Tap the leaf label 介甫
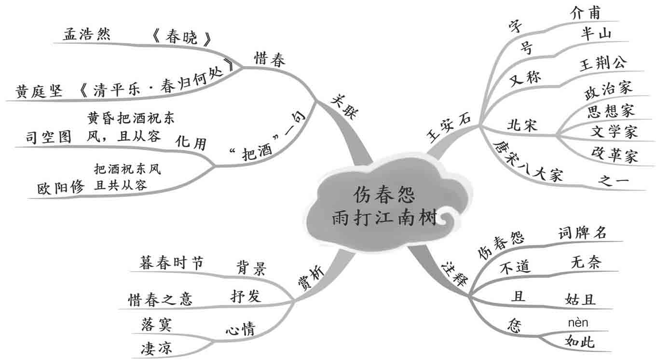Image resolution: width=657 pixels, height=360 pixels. [x=585, y=13]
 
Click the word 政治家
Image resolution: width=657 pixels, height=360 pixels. [x=608, y=90]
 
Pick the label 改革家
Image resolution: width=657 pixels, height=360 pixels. [x=614, y=155]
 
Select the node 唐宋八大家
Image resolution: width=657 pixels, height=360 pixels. [x=526, y=164]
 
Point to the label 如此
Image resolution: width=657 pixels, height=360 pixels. [x=579, y=342]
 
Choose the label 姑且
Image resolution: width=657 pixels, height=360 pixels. [x=580, y=299]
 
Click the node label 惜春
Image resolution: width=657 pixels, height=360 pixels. [x=270, y=59]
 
